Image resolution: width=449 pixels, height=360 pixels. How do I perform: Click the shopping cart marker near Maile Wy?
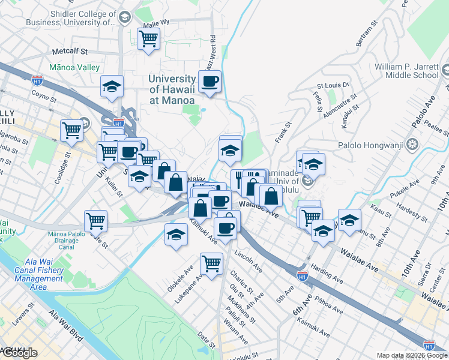point(148,40)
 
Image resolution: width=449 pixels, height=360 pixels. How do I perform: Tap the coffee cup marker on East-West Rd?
point(209,82)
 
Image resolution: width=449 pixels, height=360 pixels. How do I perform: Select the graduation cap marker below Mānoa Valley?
point(112,86)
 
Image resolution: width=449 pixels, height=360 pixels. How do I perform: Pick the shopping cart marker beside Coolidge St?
point(71,130)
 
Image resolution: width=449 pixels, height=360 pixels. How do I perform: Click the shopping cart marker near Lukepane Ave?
point(212,263)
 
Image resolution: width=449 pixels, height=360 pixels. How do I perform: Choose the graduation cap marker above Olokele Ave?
point(176,234)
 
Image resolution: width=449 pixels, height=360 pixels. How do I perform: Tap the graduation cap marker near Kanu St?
point(349,220)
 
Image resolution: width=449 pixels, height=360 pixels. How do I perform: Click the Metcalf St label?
point(70,52)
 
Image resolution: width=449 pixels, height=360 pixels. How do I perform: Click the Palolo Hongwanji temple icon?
point(412,144)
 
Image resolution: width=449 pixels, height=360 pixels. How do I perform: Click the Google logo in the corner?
point(19,353)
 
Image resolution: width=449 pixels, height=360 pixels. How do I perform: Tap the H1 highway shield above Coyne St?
point(37,78)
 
